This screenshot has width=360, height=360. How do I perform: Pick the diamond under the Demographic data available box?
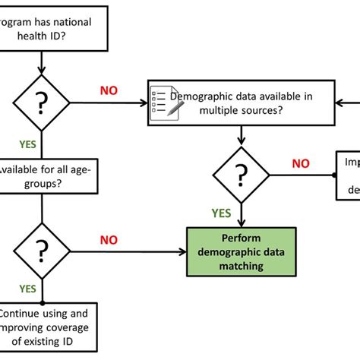click(x=242, y=175)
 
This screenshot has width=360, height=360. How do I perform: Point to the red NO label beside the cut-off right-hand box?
click(x=302, y=163)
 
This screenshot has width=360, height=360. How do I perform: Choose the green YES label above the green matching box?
click(x=221, y=213)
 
